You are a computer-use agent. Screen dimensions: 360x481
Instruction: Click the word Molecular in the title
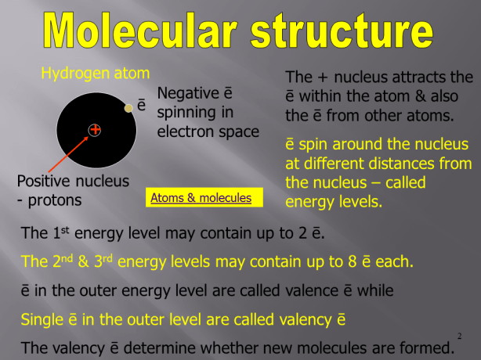141,33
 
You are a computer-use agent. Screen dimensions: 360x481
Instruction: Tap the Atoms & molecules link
201,198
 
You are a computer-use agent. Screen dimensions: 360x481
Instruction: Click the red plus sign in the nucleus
95,129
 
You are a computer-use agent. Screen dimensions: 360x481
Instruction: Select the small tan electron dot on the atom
128,107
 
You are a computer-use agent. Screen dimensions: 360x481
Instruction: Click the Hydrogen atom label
95,74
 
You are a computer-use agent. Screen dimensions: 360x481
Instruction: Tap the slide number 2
458,337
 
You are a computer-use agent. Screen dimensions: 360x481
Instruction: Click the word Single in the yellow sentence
42,319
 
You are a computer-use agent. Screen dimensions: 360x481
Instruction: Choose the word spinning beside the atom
189,112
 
